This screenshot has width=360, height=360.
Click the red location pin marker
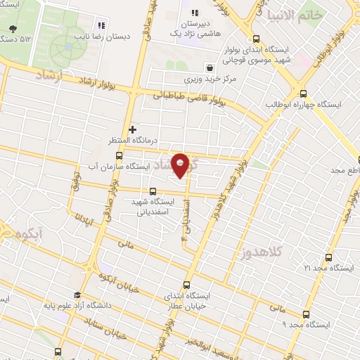tap(181, 165)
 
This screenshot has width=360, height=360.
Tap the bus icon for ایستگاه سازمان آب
tap(119, 155)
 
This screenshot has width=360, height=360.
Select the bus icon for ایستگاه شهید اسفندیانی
tap(153, 190)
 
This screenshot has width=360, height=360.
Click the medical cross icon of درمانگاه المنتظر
tap(132, 129)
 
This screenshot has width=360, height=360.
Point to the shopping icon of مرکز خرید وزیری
tap(210, 68)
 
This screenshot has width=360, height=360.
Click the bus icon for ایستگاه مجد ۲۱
tap(327, 257)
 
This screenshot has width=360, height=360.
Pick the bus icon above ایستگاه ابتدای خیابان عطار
tap(186, 285)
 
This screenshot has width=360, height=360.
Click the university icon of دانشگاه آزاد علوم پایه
tap(77, 295)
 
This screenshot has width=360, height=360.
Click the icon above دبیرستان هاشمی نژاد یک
tap(195, 13)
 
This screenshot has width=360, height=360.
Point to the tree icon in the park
tap(12, 29)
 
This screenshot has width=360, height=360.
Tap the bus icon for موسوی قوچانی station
tap(256, 40)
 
